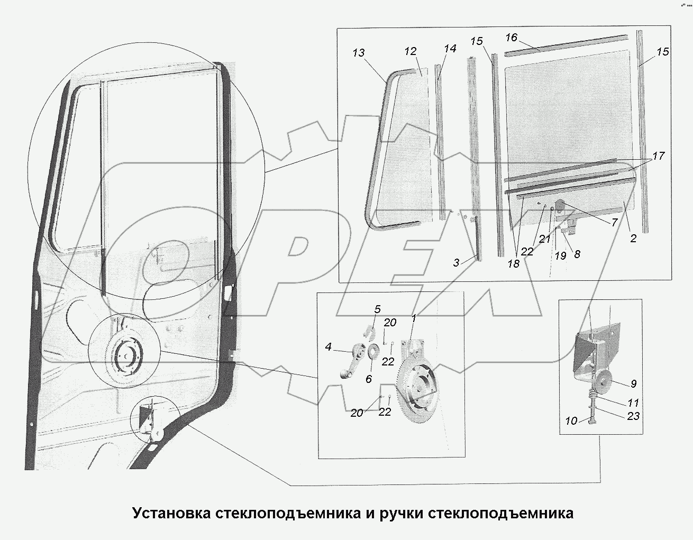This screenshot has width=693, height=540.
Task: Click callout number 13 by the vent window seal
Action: (x=359, y=53)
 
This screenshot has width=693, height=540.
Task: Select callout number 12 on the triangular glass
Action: (x=411, y=51)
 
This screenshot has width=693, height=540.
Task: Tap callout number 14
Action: (x=450, y=48)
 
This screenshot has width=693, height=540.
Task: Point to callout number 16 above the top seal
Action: (x=511, y=38)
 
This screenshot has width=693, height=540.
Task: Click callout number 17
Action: (x=658, y=157)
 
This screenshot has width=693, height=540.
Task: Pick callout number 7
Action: (x=614, y=223)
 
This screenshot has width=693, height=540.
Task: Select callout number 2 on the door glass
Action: (x=633, y=238)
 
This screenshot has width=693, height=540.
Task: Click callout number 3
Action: (x=456, y=262)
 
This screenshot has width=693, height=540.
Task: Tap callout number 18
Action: (x=513, y=264)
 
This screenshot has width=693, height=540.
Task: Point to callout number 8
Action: (x=577, y=254)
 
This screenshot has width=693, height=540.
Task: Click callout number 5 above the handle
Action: (x=377, y=309)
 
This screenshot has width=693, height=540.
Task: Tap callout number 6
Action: (x=368, y=379)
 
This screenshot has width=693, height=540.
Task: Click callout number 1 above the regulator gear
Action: (x=414, y=318)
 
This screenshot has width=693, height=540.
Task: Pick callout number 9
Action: (x=633, y=384)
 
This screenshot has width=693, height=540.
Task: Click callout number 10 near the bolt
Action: (x=570, y=421)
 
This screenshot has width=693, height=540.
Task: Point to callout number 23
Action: (x=633, y=416)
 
